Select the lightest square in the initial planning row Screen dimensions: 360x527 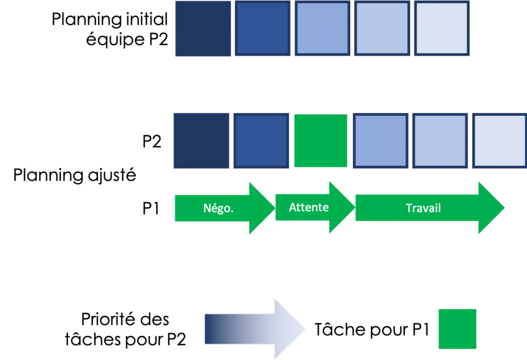tap(442, 29)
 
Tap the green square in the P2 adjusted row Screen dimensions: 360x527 tap(321, 141)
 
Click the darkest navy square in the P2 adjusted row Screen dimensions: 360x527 tap(201, 141)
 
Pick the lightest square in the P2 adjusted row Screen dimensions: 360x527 tap(499, 141)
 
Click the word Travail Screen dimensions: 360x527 tap(424, 208)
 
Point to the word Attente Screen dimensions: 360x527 tap(309, 208)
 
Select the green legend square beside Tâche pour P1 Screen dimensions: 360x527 tap(457, 329)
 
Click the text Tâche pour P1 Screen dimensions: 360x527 tap(372, 330)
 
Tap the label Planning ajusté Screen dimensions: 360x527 tap(75, 176)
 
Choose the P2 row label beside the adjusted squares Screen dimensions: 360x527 tap(152, 141)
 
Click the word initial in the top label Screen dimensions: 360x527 tap(147, 20)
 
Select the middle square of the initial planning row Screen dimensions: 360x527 tap(322, 29)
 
